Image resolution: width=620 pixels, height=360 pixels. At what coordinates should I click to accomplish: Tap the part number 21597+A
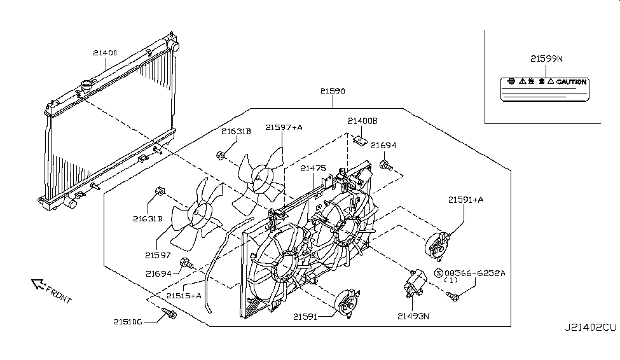coord(284,127)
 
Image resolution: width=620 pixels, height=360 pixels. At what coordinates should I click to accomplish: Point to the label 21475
coord(313,169)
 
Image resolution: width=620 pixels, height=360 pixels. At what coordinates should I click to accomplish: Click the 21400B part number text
coord(362,121)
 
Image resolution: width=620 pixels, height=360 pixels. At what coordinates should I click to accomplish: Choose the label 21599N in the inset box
coord(546,59)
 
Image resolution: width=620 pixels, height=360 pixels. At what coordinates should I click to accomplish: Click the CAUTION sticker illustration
coord(543,89)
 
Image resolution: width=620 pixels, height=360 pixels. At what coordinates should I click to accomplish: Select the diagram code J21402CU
coord(590,328)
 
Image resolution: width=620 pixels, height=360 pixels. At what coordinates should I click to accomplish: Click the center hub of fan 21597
coord(202,212)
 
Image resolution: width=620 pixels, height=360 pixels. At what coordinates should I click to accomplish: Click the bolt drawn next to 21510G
coord(169,313)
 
